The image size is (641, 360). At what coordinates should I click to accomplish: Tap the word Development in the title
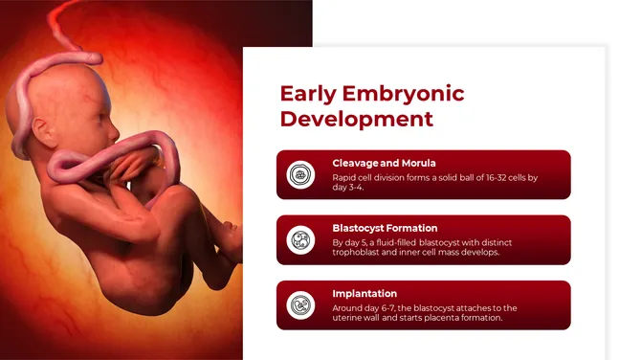coord(356,120)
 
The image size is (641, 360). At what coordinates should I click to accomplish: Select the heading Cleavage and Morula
coord(384,163)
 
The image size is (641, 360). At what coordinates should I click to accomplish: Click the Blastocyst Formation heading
coord(385,228)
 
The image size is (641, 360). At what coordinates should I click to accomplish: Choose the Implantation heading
coord(365,293)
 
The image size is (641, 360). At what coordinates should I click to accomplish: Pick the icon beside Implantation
coord(301,305)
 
